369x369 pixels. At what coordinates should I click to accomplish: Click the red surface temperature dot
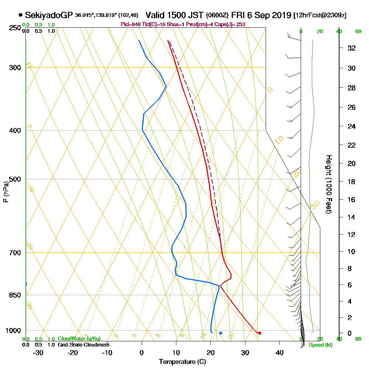coord(260,333)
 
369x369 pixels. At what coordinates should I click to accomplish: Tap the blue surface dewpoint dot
coord(221,333)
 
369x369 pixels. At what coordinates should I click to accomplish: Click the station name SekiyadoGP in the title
coord(49,15)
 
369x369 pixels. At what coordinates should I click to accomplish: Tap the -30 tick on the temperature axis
coord(38,352)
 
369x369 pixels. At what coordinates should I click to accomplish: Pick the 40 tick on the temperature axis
coord(279,352)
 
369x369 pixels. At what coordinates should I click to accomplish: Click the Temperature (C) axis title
coord(182,362)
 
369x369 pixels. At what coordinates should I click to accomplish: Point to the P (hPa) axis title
coord(6,192)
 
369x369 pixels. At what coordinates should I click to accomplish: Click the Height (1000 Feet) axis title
coord(328,184)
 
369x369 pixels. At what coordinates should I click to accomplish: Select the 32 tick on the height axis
coord(352,48)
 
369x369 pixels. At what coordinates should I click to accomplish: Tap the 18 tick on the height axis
coord(352,182)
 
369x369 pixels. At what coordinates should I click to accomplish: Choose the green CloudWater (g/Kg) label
coord(79,339)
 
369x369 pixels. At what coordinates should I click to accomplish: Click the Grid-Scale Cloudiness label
coord(83,345)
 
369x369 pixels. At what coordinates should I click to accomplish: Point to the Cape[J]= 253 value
coord(233,24)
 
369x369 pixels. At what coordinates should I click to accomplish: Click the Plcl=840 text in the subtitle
coord(130,24)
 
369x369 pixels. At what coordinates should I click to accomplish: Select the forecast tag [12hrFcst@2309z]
coord(320,15)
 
